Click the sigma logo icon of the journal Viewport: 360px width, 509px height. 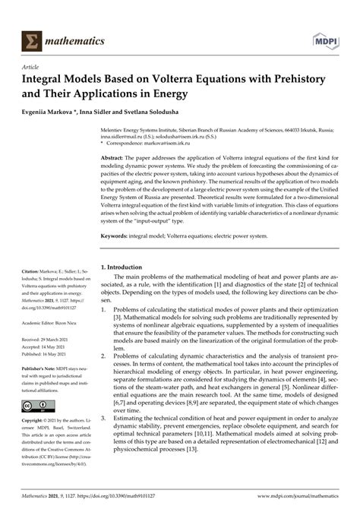[32, 38]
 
